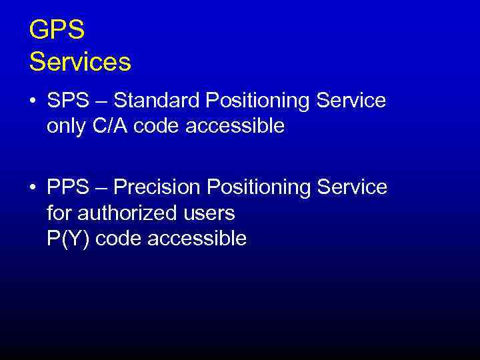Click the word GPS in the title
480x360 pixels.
coord(57,31)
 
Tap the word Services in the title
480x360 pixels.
coord(80,62)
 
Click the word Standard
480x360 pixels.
coord(157,101)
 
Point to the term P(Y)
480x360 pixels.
coord(69,239)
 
